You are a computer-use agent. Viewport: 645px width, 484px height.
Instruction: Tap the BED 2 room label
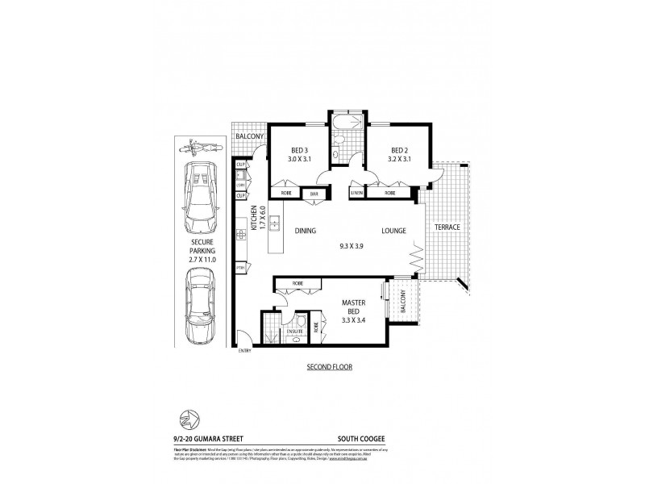pos(401,150)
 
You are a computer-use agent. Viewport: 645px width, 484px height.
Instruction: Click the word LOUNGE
pos(393,230)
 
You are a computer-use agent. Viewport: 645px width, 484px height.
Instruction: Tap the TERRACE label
pos(447,227)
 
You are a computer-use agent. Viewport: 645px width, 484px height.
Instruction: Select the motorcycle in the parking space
pos(198,148)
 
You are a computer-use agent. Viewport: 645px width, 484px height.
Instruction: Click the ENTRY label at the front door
pos(244,349)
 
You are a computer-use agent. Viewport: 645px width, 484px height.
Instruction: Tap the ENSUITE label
pos(294,330)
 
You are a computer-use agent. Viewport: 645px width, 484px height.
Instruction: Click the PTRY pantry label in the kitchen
pos(240,267)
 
